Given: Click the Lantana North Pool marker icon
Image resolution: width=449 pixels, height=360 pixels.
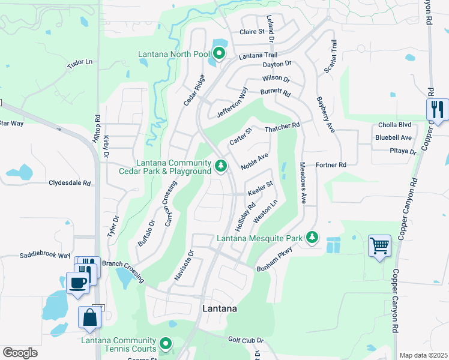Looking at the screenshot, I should (219, 55).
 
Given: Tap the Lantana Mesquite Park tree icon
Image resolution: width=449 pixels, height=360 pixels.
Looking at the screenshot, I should (312, 238).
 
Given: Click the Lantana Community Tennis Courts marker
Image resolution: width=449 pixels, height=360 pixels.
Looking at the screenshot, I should (165, 344).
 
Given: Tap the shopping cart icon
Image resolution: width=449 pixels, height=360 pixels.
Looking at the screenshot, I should (379, 245).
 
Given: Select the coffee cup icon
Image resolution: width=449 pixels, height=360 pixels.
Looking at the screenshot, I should (77, 282).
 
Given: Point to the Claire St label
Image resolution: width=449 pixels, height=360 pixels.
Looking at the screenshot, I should (252, 32).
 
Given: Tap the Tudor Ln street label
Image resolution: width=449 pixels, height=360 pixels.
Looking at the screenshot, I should (80, 63).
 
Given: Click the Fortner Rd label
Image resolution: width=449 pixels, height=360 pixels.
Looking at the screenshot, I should (331, 164).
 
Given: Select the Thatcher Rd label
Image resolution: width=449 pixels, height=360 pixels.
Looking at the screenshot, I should (282, 126).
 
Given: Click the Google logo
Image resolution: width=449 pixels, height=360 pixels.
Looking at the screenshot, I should (20, 352).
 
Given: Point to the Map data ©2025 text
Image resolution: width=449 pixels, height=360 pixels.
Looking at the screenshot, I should (423, 355).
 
